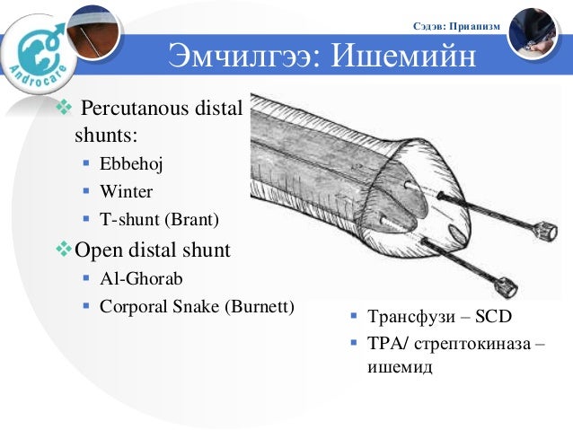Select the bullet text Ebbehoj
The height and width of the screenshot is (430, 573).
[x=132, y=165]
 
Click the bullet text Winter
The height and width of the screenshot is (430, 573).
[x=126, y=191]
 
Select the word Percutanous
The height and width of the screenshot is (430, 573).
[x=131, y=110]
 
